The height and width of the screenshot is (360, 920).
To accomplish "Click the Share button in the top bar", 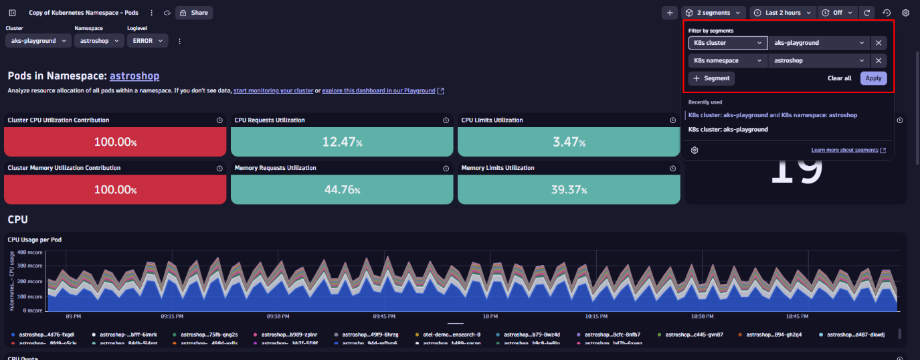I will point(193,13).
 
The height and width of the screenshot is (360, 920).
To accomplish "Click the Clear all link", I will point(839,78).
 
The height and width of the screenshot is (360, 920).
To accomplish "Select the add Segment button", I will point(711,78).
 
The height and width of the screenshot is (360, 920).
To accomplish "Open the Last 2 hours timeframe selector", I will point(783,13).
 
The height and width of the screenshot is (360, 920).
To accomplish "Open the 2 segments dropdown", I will point(714,13).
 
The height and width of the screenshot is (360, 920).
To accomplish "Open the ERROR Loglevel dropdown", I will point(147,41).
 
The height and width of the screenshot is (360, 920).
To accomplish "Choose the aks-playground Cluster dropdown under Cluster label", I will point(38,41).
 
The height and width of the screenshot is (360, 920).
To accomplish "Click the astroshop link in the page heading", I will point(134,76).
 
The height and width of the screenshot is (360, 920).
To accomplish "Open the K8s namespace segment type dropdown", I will point(728,60).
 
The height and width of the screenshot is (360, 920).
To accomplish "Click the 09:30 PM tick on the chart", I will point(278,316).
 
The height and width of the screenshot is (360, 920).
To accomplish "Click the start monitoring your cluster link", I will point(273,90).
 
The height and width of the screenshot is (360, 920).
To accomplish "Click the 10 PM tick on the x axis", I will point(490,316).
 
